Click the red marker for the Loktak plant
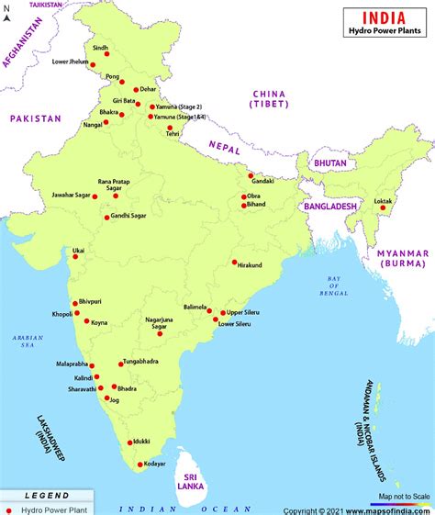point(383,207)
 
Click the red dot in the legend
point(10,509)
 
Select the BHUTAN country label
point(330,162)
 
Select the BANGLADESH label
point(329,207)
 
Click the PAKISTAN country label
point(35,118)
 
